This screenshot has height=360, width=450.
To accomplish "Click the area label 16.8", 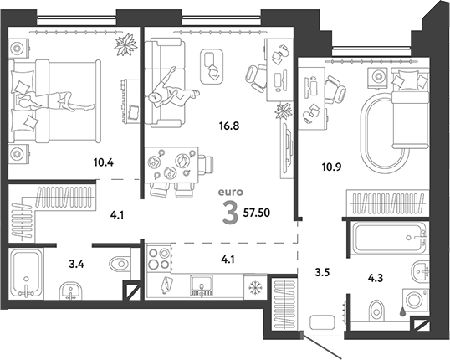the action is point(229,126).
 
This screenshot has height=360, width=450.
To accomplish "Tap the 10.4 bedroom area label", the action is point(104,162).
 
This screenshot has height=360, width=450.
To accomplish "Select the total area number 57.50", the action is point(257,213).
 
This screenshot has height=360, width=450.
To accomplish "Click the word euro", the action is point(231,192).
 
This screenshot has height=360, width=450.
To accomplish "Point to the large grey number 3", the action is point(231,213).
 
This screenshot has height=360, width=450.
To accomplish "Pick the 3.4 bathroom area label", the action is point(77,264).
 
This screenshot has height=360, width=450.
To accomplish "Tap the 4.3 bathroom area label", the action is point(376,278).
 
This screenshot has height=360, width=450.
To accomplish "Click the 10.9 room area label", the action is point(331,167).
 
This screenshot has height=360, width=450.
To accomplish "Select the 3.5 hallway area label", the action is point(322,272).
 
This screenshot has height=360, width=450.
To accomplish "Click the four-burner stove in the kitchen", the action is point(159,259).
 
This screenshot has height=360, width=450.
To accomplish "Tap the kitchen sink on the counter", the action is point(202,285).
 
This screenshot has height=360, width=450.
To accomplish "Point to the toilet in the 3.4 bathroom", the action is point(120,264).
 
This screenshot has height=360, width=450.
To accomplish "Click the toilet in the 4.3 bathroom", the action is point(376,310).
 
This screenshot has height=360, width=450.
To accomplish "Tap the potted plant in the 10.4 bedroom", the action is point(125,45).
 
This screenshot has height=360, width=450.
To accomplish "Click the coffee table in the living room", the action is point(212,67).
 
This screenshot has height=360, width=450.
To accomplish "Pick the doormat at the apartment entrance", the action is point(322,322).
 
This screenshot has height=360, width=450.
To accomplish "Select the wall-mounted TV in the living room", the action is point(287,148).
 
